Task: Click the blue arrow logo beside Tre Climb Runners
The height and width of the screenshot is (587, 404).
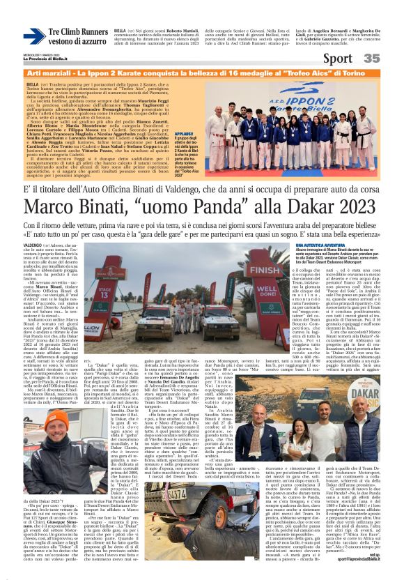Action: pos(33,36)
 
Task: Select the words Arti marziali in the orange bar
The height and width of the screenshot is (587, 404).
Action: pos(49,73)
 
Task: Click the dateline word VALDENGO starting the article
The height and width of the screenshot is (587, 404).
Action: pos(33,245)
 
